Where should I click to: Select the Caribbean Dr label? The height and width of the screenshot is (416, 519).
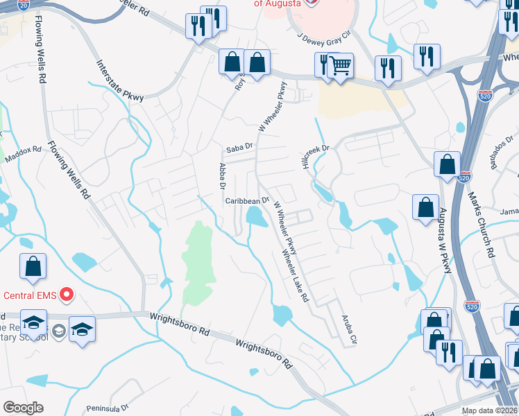pyautogui.click(x=247, y=201)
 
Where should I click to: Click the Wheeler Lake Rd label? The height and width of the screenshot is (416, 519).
pyautogui.click(x=294, y=276)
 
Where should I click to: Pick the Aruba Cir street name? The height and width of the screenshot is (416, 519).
pyautogui.click(x=348, y=329)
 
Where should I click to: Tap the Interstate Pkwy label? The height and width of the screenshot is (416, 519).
pyautogui.click(x=119, y=80)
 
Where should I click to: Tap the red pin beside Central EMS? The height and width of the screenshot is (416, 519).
pyautogui.click(x=67, y=295)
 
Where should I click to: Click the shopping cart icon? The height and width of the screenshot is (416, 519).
pyautogui.click(x=340, y=67)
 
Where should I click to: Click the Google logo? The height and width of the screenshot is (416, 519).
pyautogui.click(x=23, y=408)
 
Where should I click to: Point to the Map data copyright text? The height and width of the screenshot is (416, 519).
pyautogui.click(x=490, y=410)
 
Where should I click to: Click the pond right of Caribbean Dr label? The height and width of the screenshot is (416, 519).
pyautogui.click(x=257, y=218)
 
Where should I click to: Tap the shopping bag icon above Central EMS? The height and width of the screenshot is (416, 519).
pyautogui.click(x=33, y=266)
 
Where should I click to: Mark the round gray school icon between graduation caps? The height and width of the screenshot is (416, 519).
pyautogui.click(x=58, y=330)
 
